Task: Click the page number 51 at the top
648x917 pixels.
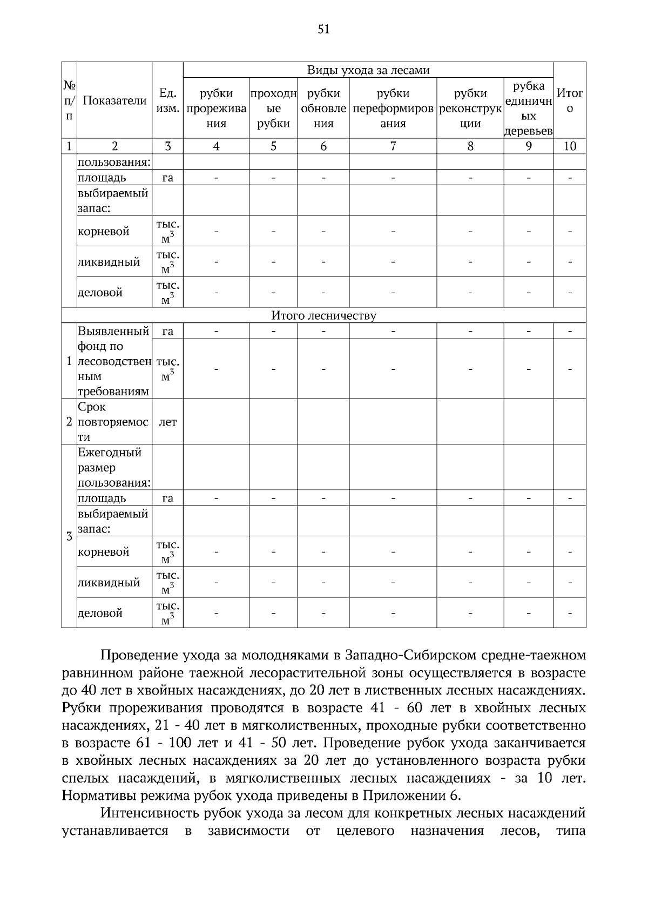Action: (323, 30)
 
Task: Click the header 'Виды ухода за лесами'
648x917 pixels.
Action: (368, 70)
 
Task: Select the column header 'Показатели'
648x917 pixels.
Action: (114, 100)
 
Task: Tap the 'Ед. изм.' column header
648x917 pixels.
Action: (167, 100)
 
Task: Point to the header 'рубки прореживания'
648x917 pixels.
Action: (216, 108)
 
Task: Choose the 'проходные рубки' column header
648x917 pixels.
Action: (273, 108)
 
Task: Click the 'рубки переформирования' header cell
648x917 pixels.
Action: (393, 108)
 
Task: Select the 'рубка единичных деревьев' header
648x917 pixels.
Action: (528, 108)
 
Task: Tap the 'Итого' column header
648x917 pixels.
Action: (570, 100)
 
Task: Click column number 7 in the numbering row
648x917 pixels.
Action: (393, 146)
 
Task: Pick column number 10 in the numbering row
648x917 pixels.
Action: (570, 146)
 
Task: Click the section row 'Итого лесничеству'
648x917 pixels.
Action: (323, 315)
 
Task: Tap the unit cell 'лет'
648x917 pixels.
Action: (167, 422)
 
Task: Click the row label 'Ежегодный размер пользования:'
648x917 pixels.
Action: (113, 467)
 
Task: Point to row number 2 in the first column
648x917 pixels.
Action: (69, 422)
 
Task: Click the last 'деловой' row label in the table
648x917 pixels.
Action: (100, 613)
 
